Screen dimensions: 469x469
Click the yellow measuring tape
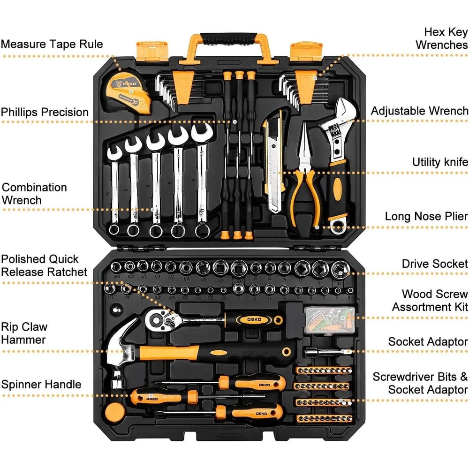coord(128,91)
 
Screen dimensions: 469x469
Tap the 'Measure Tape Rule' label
coord(52,44)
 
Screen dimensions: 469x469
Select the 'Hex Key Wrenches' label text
coord(441,38)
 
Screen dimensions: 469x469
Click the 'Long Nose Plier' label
coord(426,216)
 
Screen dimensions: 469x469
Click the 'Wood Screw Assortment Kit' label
coord(430,301)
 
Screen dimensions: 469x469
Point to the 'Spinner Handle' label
coord(41,385)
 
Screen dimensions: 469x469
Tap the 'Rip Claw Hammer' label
coord(24,333)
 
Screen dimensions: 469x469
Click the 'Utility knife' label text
coord(440,162)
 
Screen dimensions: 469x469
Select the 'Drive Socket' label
coord(434,264)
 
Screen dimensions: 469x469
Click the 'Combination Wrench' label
coord(34,194)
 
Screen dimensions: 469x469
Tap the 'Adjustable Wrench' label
coord(419,111)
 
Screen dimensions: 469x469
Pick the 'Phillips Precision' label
coord(45,112)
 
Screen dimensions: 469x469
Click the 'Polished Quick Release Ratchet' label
coord(44,265)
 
